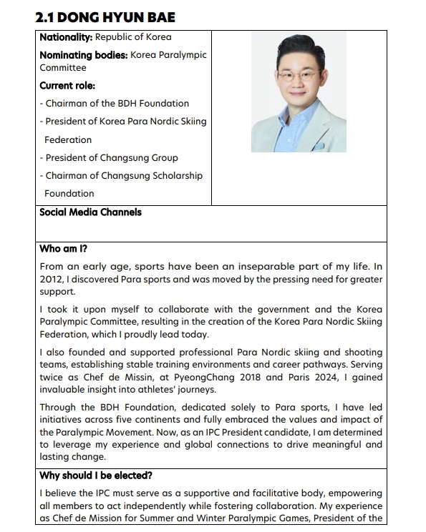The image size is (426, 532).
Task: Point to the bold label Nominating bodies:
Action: (83, 54)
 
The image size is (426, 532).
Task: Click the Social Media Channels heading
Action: (90, 212)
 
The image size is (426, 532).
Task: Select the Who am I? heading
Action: (63, 249)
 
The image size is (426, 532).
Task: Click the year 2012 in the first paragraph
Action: (51, 279)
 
